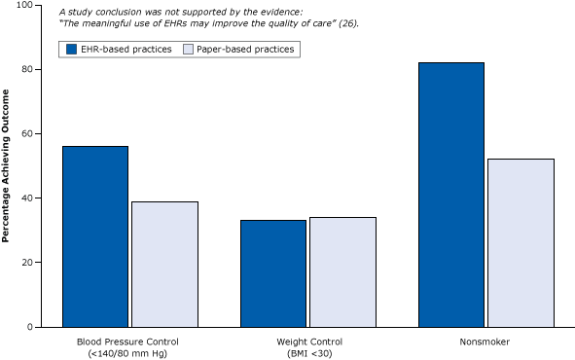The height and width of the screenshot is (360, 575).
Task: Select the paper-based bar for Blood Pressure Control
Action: tap(164, 264)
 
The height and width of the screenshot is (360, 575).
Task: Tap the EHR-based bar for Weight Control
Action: tap(273, 273)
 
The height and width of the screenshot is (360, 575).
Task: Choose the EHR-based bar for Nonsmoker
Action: tap(451, 195)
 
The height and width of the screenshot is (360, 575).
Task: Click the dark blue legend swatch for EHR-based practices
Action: tap(71, 48)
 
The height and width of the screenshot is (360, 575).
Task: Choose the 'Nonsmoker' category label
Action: tap(486, 342)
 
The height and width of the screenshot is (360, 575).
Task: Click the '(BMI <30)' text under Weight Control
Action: tap(308, 353)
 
